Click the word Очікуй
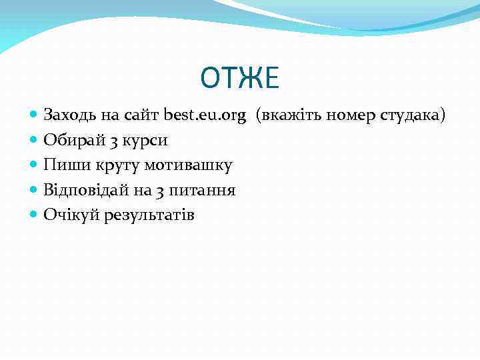click(x=69, y=215)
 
